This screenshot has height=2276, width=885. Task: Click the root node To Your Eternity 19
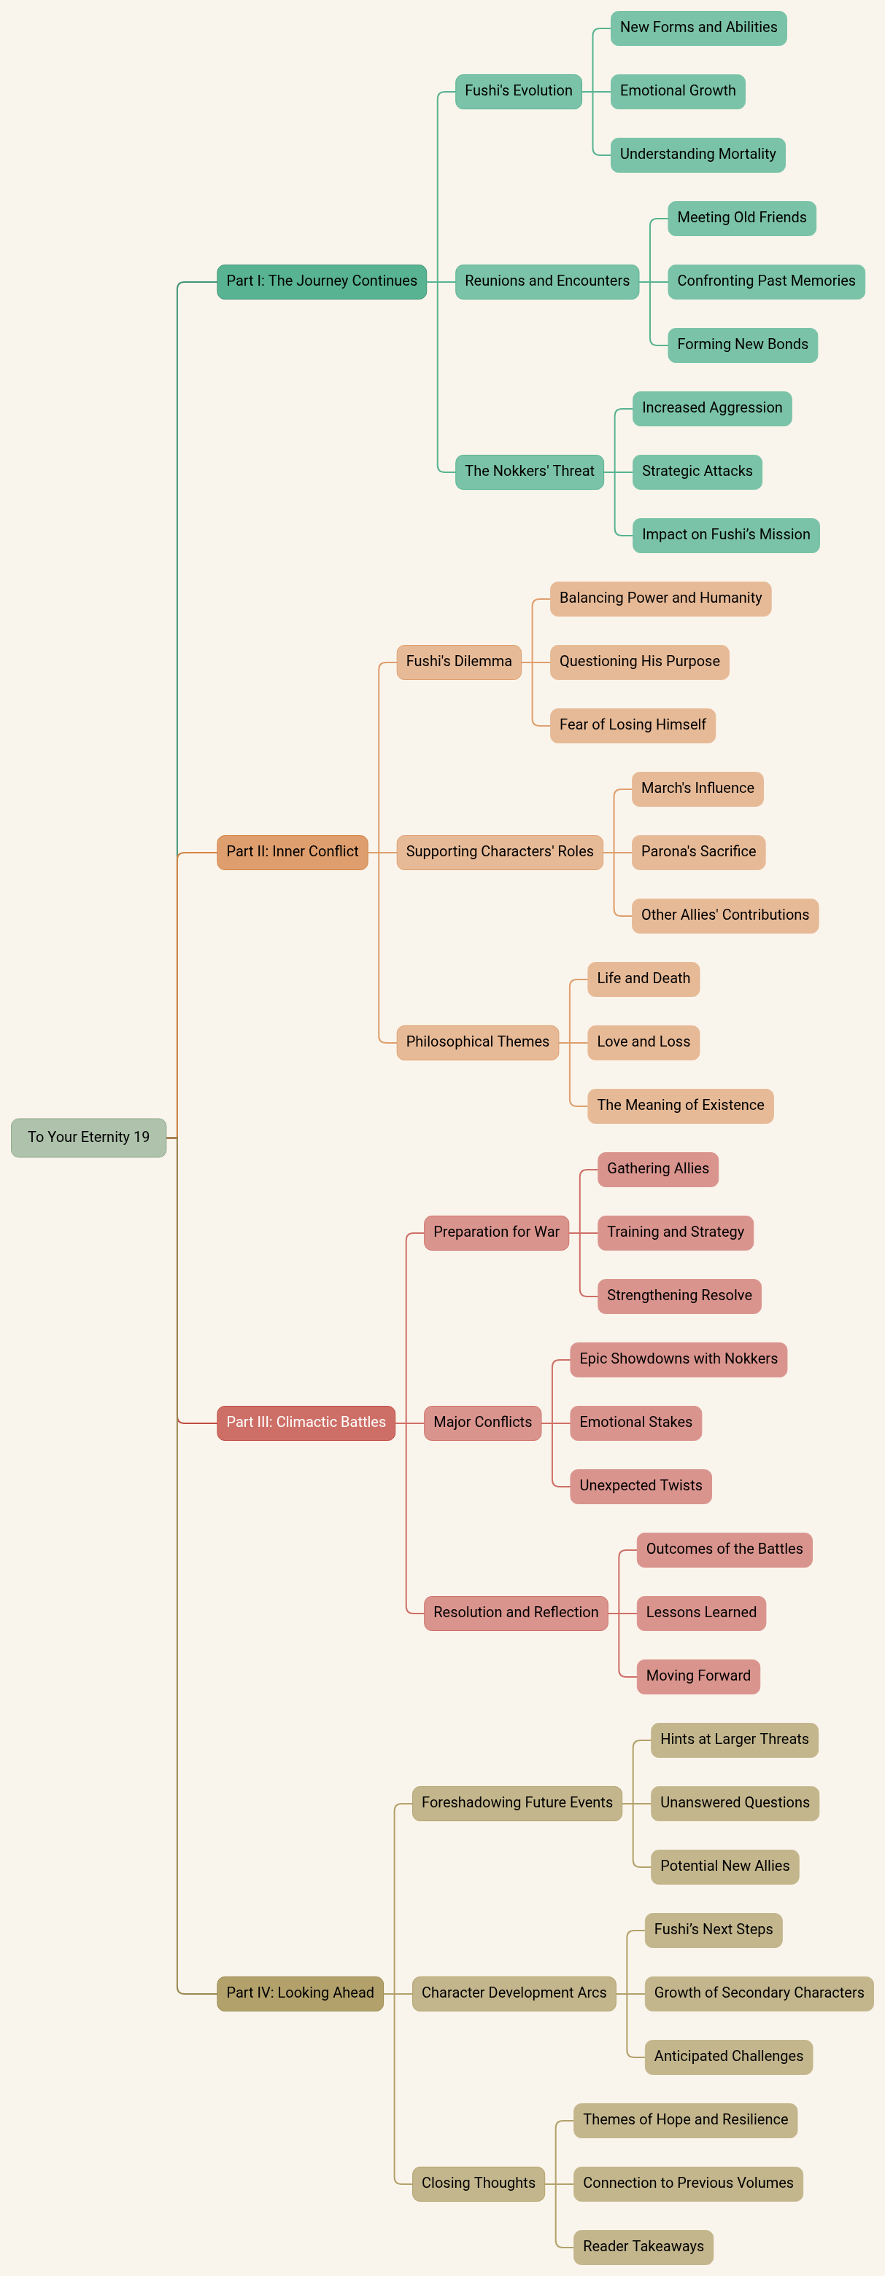point(88,1137)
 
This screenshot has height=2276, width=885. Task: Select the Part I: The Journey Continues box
point(321,281)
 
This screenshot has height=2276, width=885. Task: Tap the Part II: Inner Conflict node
point(292,852)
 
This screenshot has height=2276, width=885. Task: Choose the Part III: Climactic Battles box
point(306,1423)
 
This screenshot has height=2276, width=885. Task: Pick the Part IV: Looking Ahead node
point(300,1993)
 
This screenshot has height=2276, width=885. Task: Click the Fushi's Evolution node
point(518,91)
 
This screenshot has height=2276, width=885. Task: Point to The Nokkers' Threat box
point(529,471)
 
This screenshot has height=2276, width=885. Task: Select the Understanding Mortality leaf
point(697,155)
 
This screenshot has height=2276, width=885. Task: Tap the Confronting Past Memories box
point(765,281)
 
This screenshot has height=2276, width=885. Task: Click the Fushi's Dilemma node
point(458,662)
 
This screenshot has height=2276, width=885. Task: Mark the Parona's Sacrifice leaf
point(697,852)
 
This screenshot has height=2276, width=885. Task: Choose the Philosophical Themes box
point(477,1041)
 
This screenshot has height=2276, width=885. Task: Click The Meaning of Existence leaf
point(680,1106)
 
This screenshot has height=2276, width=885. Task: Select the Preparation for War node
point(496,1232)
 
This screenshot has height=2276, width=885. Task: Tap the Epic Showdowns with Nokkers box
point(678,1359)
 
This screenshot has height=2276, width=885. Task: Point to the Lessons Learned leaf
point(701,1613)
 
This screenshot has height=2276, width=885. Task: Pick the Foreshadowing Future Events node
point(517,1802)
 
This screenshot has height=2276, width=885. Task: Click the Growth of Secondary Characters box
point(759,1993)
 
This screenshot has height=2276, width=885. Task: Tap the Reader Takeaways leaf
point(643,2246)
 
